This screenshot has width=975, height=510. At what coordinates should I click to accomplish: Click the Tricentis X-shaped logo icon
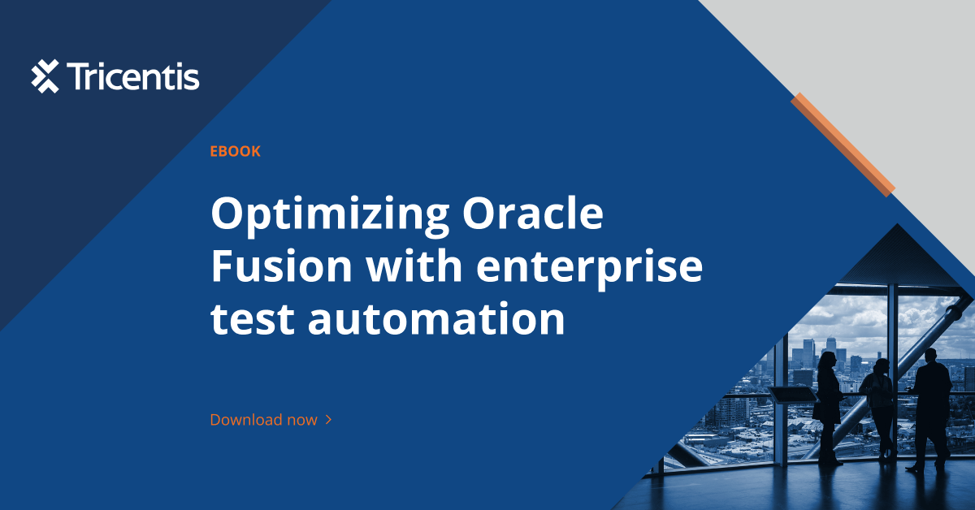(x=45, y=76)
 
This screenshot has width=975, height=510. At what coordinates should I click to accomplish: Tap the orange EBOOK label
(x=235, y=151)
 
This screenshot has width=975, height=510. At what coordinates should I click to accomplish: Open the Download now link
(x=263, y=420)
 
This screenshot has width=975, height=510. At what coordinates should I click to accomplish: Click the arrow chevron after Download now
(x=328, y=420)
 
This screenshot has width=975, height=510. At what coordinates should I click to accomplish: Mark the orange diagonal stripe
(x=843, y=144)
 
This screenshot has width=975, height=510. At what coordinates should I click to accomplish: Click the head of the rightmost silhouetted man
(x=930, y=356)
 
